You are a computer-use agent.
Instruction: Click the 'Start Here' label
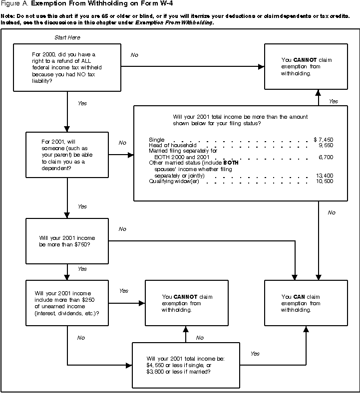point(67,38)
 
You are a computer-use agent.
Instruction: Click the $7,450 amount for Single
point(323,140)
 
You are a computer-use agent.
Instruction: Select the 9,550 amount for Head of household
point(325,145)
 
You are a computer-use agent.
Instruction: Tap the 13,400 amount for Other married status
point(324,176)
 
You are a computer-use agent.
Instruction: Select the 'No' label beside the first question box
point(134,55)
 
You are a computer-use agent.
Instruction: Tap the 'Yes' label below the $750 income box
point(82,269)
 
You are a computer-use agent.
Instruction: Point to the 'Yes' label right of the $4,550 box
point(255,353)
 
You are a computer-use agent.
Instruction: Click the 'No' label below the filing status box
point(332,213)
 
